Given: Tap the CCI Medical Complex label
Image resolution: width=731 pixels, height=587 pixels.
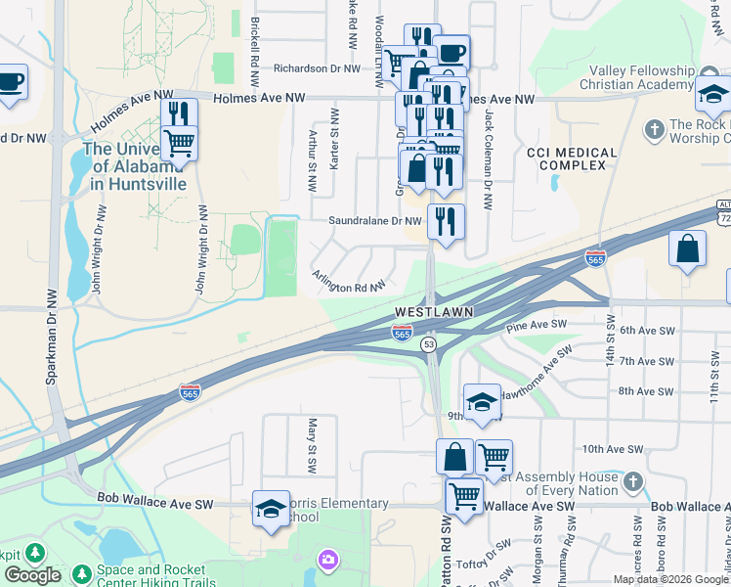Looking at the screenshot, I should point(572,159).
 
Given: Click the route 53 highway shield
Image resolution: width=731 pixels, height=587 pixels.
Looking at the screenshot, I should point(428,344).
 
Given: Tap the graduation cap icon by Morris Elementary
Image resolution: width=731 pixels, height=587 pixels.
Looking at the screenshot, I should point(271,508).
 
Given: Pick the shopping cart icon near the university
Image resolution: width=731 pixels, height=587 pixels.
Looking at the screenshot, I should point(179,142).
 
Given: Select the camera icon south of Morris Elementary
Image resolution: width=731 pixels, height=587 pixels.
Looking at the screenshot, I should point(327,559).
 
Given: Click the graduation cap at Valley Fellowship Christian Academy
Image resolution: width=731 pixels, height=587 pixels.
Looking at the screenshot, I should point(713,95).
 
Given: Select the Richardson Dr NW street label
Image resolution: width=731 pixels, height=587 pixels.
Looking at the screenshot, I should point(318,68).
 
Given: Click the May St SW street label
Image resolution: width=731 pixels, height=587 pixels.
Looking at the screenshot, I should point(313,440).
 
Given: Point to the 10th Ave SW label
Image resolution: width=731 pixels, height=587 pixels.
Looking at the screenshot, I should point(612,449).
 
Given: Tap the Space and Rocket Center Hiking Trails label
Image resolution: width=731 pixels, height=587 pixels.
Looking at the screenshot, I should point(151,576).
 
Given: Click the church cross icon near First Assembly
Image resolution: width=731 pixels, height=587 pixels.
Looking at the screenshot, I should point(633,481).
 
